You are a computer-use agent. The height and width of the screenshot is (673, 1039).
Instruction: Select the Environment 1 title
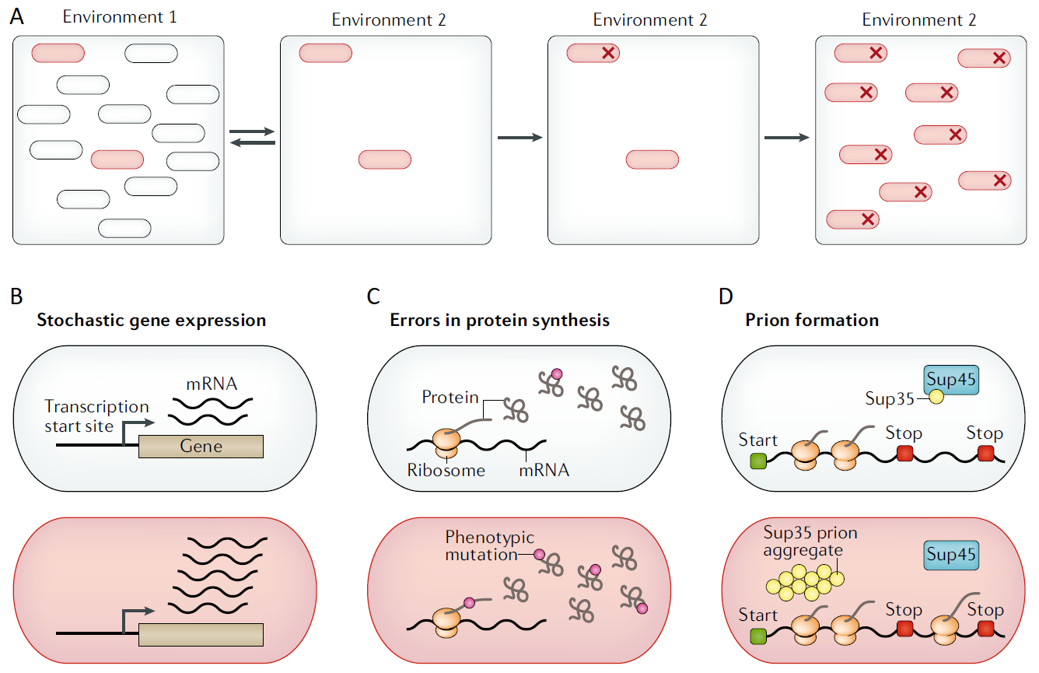click(120, 16)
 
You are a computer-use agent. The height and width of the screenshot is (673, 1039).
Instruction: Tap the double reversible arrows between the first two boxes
click(253, 137)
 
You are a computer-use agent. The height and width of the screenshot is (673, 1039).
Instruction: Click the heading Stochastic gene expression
click(151, 320)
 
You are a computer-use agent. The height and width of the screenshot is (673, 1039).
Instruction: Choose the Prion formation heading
click(811, 320)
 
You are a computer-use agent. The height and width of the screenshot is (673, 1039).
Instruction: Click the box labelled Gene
click(201, 446)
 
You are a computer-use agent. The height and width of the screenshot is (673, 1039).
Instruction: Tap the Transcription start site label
click(96, 416)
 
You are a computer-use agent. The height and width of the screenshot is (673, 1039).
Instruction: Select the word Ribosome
click(446, 470)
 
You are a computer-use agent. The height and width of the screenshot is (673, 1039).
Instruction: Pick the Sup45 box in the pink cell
click(950, 556)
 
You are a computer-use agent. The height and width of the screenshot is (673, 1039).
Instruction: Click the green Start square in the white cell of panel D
click(758, 461)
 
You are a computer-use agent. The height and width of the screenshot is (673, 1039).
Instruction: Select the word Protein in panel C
click(450, 397)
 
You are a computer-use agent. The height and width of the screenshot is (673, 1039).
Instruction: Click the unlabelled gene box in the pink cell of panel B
click(201, 635)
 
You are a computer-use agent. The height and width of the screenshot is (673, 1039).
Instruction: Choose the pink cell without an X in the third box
click(652, 159)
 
